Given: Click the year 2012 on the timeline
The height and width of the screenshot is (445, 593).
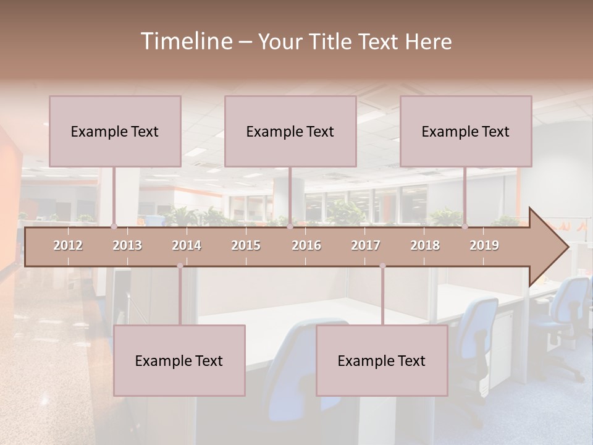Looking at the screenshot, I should [x=68, y=245].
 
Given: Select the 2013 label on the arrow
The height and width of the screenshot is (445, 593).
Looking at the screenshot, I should [x=127, y=245].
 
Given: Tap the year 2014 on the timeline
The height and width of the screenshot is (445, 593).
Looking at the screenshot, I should [x=187, y=245].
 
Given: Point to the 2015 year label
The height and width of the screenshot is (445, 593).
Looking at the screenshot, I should [x=246, y=245].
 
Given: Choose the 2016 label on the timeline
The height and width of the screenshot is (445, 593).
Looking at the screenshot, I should [x=306, y=245].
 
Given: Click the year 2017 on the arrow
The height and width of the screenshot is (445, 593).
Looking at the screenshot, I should [x=366, y=245].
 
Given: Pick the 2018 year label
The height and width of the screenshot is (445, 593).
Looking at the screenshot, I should [x=425, y=245].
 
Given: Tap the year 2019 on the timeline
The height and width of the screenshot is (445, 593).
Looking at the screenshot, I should [x=484, y=245].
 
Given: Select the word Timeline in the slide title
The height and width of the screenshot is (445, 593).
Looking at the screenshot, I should [x=185, y=41].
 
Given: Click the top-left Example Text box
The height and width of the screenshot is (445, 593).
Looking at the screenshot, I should [x=115, y=131].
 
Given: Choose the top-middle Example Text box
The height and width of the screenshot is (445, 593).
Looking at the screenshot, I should [x=290, y=131].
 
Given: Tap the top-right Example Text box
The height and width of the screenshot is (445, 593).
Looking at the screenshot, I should [x=466, y=131].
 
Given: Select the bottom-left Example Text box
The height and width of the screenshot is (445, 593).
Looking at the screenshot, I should [x=179, y=360].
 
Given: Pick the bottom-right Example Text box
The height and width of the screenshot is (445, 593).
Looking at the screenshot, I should [x=382, y=360].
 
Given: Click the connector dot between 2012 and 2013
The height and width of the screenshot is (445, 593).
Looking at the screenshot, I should [x=114, y=226].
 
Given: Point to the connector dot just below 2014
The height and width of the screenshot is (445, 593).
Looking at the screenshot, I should [x=180, y=266].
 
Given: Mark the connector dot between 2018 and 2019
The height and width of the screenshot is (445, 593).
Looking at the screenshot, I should [x=465, y=226].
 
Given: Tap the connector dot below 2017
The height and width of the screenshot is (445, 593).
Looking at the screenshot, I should [x=382, y=266].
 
